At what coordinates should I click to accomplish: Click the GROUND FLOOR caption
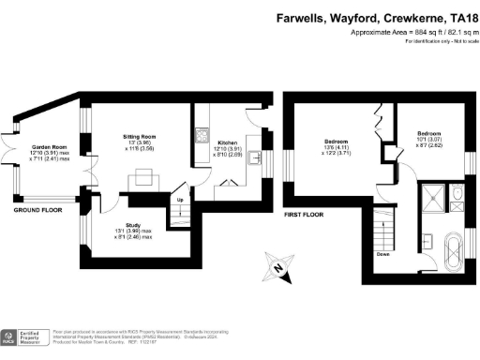pos(37,209)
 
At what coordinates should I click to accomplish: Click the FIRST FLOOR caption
pos(304,215)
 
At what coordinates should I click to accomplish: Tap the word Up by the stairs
pos(179,200)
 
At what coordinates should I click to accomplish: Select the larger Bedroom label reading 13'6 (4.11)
pos(336,146)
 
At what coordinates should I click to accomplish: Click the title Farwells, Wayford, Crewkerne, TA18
pos(374,17)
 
